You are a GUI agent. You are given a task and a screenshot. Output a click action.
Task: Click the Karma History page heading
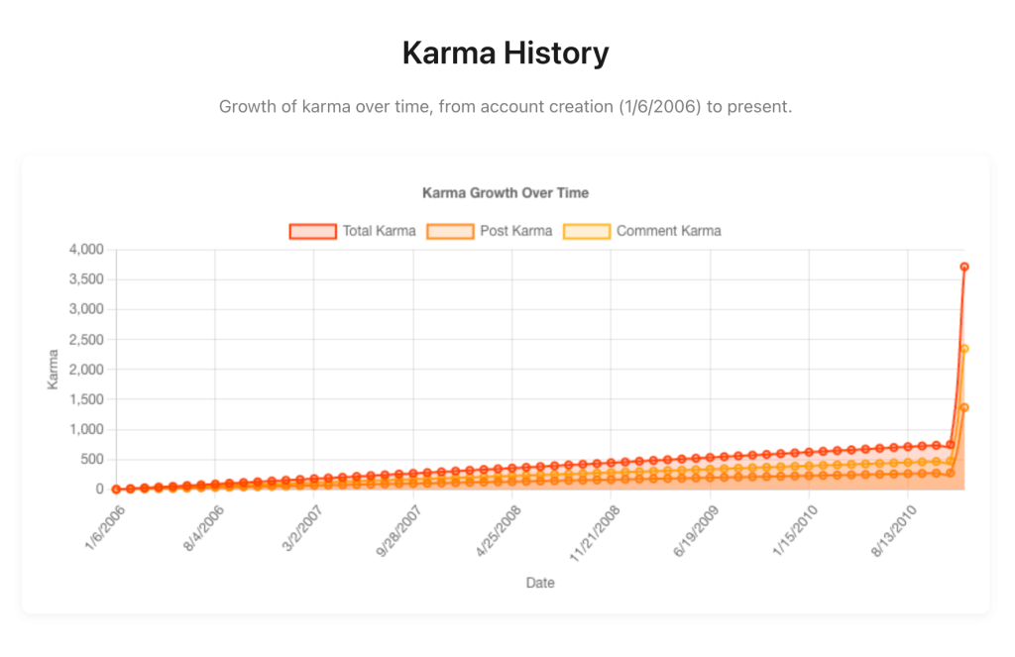[x=506, y=53]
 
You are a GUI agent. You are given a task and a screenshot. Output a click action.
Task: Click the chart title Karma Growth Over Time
[x=506, y=192]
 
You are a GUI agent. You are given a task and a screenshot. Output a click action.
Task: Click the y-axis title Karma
[x=54, y=369]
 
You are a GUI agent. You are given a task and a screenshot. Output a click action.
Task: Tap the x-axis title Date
[x=540, y=583]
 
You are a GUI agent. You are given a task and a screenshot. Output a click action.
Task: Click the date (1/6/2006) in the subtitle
[x=659, y=107]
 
